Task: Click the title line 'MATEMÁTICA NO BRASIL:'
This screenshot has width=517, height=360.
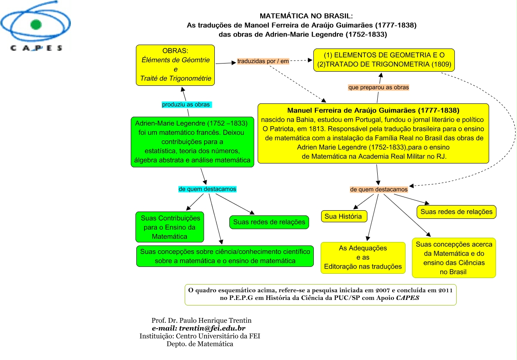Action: coord(312,16)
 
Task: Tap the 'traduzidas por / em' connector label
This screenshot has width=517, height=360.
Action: coord(263,61)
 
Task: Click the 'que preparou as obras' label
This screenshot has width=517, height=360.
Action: coord(379,87)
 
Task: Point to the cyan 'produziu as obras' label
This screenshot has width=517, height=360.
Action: coord(187,105)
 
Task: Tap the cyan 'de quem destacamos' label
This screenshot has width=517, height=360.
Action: coord(207,189)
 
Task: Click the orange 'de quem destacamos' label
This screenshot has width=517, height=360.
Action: coord(379,189)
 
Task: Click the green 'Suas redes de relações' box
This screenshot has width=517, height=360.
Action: coord(269,222)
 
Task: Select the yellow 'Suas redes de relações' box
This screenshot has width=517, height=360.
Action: coord(456,212)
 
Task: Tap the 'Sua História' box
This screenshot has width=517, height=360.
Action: coord(344,217)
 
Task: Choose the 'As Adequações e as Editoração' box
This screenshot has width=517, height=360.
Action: coord(363,257)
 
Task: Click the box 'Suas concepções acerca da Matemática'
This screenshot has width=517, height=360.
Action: coord(454,257)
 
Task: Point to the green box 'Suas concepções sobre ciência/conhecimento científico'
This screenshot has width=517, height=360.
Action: coord(225,256)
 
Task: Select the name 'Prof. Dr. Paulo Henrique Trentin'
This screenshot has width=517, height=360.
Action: coord(201,321)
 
